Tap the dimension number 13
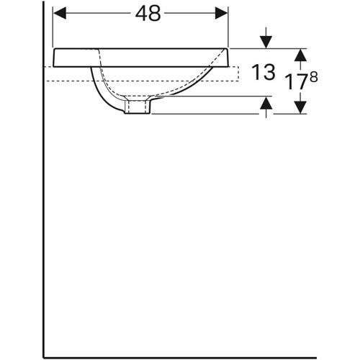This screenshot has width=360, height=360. click(265, 72)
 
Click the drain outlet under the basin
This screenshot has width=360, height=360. click(137, 107)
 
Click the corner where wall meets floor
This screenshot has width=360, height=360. click(44, 356)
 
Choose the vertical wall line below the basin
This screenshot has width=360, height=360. click(44, 216)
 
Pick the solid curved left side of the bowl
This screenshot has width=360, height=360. click(101, 90)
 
